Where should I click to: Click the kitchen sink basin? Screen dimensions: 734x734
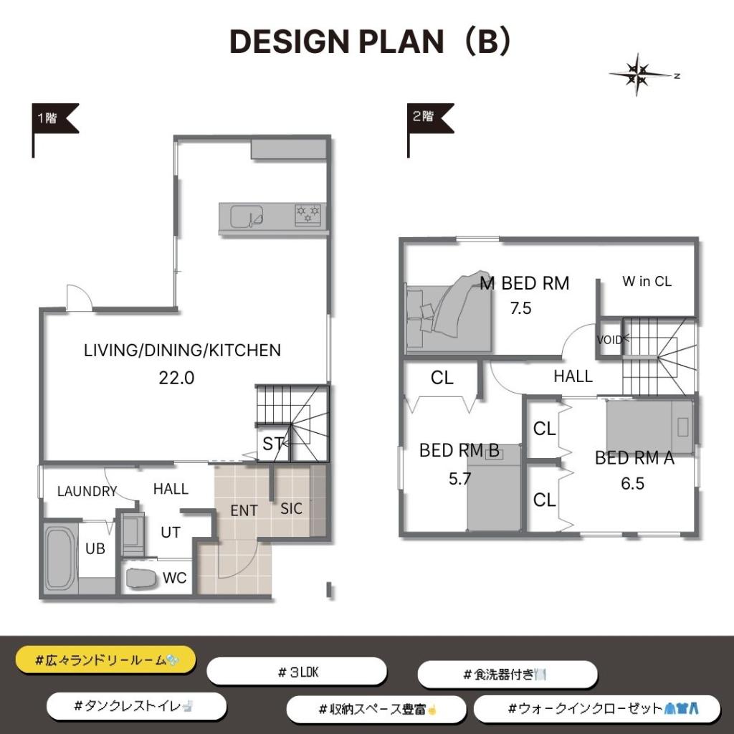tap(247, 216)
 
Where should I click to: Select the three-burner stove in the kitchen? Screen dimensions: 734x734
tap(308, 215)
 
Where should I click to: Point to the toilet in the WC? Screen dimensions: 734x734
tap(141, 578)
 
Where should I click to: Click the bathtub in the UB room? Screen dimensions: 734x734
tap(60, 559)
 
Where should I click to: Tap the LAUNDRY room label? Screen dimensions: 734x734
tap(87, 491)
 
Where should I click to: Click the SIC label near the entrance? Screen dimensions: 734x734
tap(291, 508)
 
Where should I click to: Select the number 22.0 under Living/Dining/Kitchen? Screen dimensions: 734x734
tap(176, 378)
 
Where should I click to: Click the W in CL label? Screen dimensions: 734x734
tap(647, 281)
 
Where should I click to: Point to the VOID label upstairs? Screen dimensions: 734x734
tap(609, 340)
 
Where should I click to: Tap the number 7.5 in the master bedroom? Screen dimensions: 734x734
tap(520, 308)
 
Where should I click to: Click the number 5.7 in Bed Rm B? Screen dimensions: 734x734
tap(459, 478)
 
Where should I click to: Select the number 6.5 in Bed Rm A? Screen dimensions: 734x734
tap(632, 483)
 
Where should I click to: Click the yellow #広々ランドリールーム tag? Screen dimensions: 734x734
tap(106, 660)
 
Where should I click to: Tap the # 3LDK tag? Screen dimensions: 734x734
tap(297, 672)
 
